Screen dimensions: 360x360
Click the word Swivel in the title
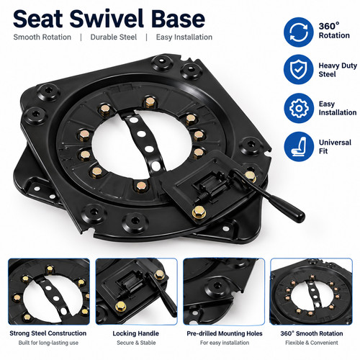click(x=107, y=19)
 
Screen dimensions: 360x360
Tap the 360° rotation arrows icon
click(x=299, y=32)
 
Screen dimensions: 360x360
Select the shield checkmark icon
click(x=299, y=70)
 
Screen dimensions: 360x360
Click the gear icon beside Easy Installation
click(x=299, y=108)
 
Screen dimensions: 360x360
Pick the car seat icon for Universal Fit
click(x=299, y=146)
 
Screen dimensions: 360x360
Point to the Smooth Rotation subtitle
click(x=42, y=37)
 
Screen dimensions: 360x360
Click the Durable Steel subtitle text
click(x=114, y=37)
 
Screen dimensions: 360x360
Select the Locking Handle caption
click(x=136, y=333)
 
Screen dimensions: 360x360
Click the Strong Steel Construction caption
click(x=48, y=333)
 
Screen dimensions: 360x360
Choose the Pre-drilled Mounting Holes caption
click(x=225, y=333)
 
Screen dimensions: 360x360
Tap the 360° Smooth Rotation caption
click(x=312, y=333)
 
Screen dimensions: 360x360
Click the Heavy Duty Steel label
click(x=338, y=70)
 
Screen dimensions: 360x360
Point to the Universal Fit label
click(x=335, y=146)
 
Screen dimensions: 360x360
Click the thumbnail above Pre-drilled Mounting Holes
click(x=224, y=292)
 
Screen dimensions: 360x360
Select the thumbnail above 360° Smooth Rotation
click(x=311, y=292)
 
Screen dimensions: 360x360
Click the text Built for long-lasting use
click(x=48, y=343)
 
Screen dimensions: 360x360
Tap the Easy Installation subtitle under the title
click(x=184, y=37)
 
